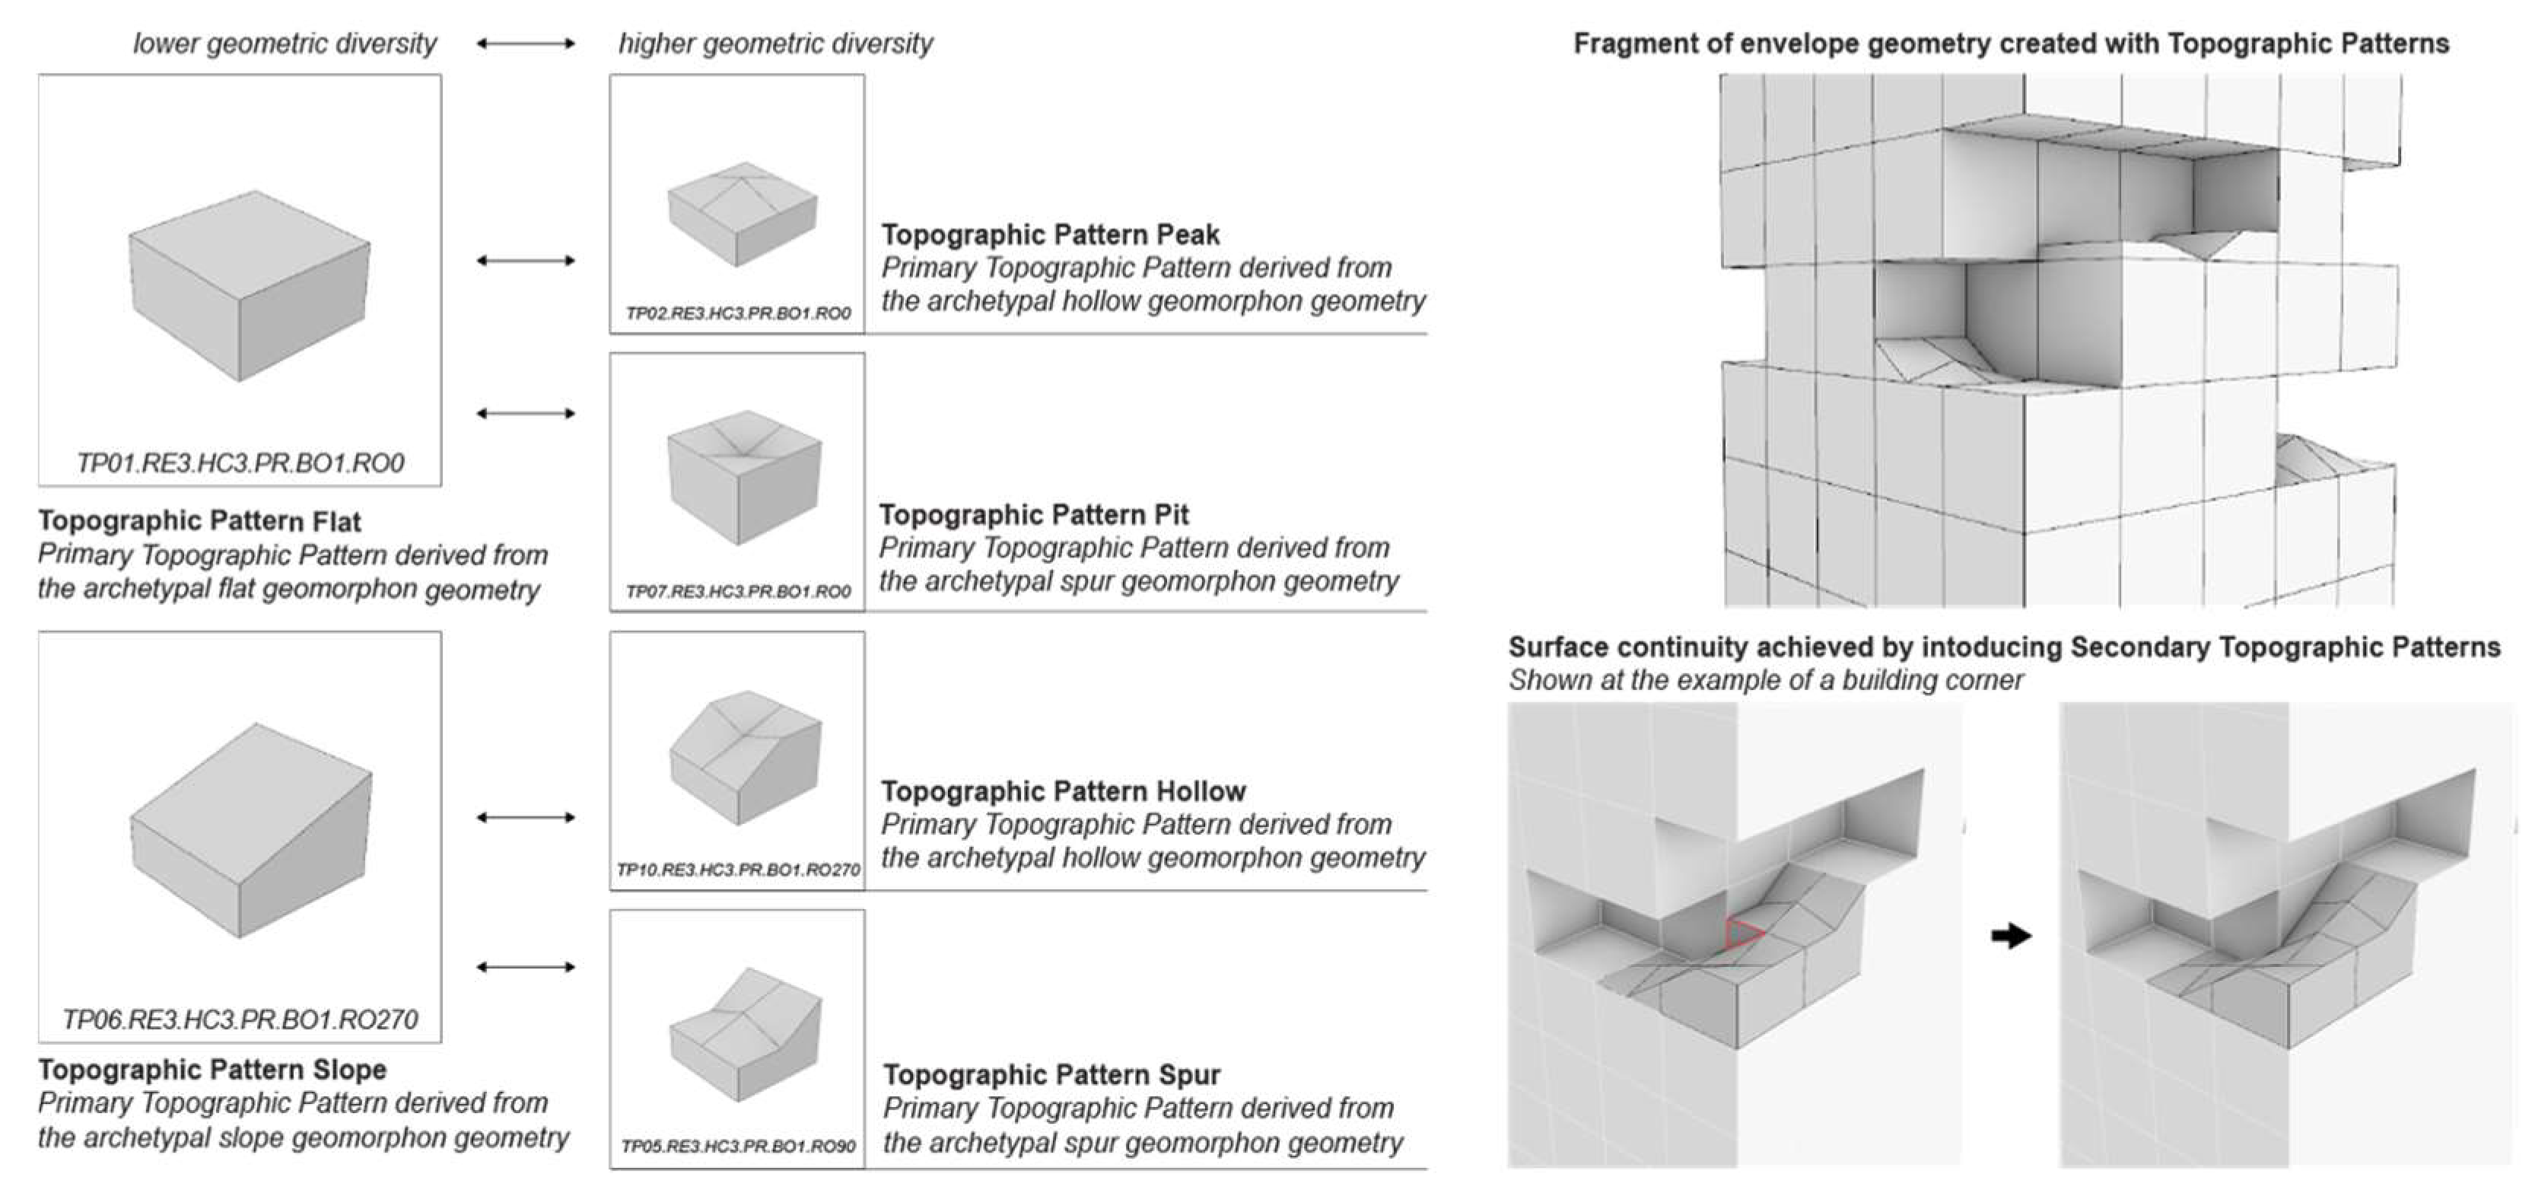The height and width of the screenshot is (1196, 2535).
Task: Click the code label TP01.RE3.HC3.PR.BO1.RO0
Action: pos(240,463)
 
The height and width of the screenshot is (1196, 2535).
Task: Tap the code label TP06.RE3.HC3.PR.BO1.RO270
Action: pos(240,1019)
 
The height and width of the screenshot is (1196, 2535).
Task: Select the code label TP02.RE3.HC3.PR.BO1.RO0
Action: pos(738,313)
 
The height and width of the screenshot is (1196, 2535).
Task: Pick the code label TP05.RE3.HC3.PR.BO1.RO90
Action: pos(738,1147)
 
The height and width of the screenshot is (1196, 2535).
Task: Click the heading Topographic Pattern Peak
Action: pos(1050,234)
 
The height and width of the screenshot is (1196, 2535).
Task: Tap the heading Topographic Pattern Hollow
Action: pos(1063,790)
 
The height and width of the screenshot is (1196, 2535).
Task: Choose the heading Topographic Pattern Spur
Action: pos(1051,1074)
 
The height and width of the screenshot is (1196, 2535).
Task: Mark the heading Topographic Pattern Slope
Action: pos(212,1069)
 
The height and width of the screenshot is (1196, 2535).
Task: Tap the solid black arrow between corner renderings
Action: pos(2011,935)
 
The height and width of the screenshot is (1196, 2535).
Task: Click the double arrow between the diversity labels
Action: pos(526,43)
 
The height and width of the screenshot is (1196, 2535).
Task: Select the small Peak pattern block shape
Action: pos(742,214)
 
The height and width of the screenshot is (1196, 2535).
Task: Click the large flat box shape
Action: pos(249,285)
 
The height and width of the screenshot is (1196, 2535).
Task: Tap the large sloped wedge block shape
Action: pos(251,832)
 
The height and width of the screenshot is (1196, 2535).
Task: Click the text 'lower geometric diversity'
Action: pos(285,43)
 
